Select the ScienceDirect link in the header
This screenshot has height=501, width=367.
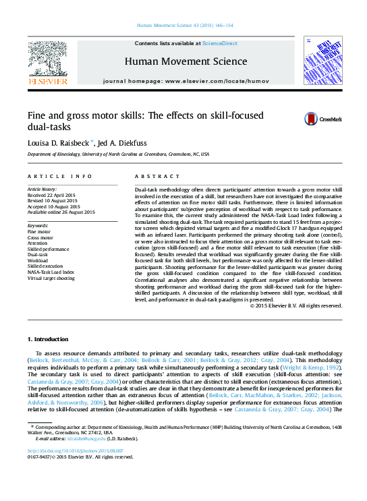pos(220,43)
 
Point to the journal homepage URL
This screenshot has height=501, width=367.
pos(183,81)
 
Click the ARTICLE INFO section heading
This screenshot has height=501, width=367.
pos(60,176)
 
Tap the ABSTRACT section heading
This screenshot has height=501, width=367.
pos(150,176)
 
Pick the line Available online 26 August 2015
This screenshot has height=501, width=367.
pos(61,212)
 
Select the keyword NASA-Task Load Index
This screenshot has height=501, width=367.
pos(51,272)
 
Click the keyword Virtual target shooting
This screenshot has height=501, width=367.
pos(51,278)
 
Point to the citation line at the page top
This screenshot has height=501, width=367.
pos(183,24)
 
